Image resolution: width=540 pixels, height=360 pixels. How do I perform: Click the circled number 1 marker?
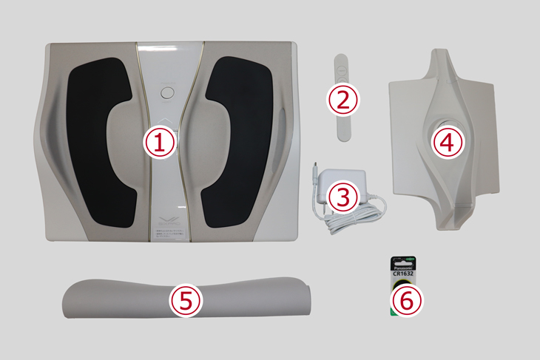(163, 141)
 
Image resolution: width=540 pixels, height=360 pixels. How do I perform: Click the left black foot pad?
(97, 140)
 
